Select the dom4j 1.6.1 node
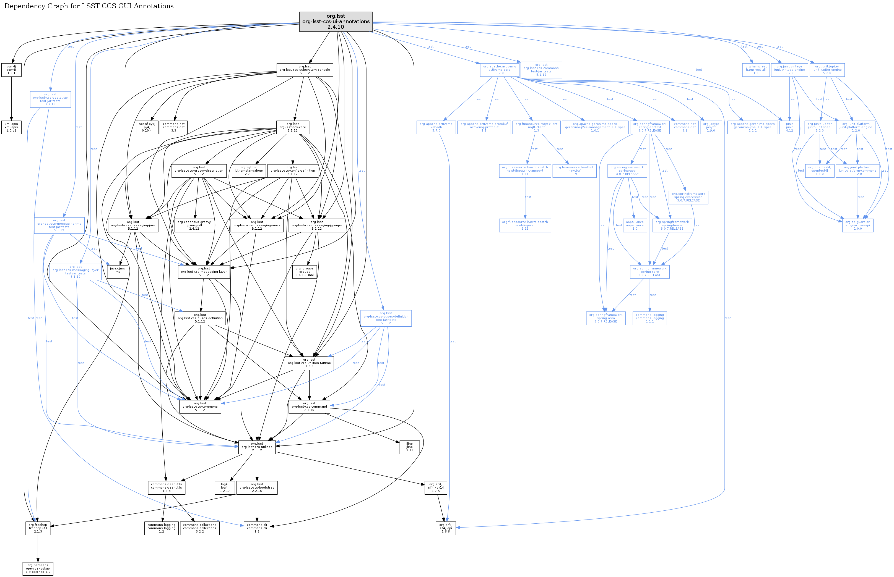tap(11, 70)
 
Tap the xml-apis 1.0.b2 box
tap(11, 127)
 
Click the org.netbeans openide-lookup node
tap(38, 568)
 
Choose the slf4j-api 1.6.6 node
tap(446, 528)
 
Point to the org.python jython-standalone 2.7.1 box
tap(249, 171)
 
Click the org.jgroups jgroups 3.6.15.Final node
tap(304, 272)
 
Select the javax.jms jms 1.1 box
tap(117, 272)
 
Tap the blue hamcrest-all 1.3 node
tap(756, 70)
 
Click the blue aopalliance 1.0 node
tap(635, 225)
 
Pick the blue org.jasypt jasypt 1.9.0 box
tap(711, 127)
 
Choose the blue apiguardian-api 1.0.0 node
tap(857, 225)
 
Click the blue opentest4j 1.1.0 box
tap(819, 171)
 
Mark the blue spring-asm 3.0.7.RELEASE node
tap(605, 318)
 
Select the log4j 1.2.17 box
tap(225, 487)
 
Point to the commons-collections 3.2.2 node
tap(199, 528)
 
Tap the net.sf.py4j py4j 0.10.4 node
tap(147, 127)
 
